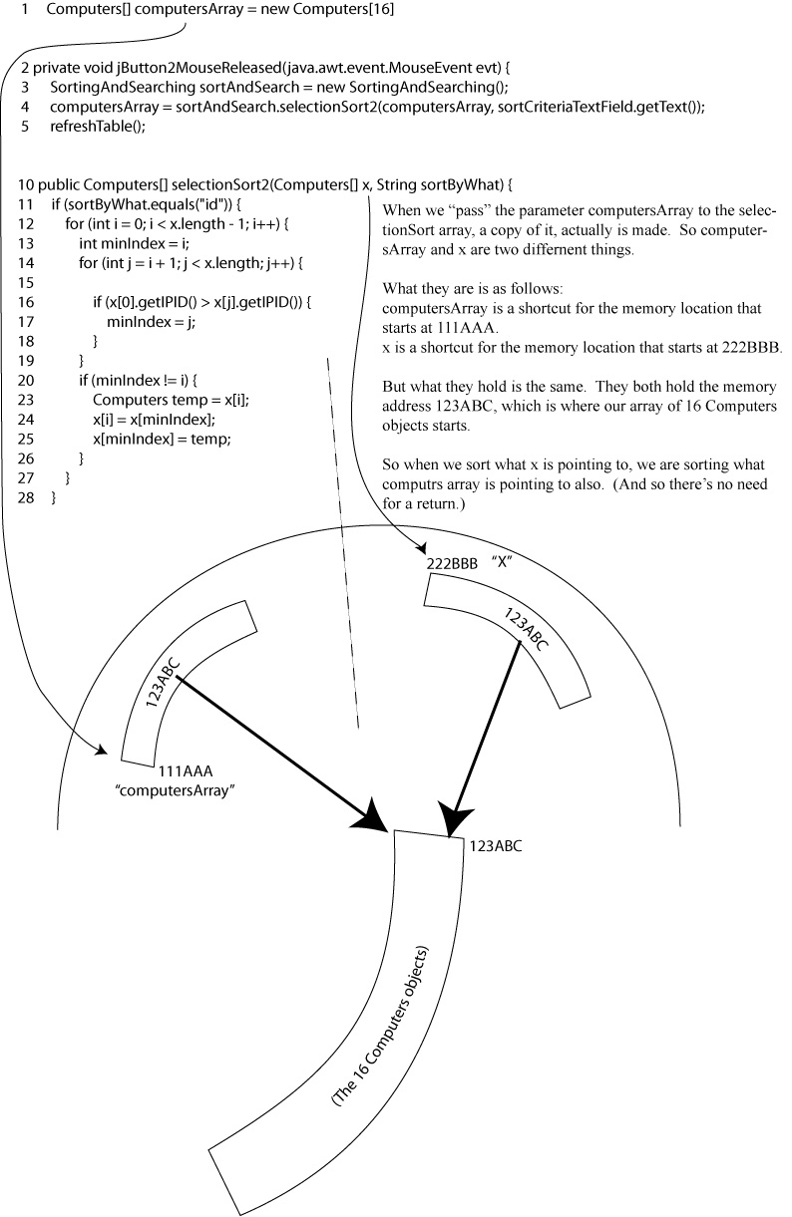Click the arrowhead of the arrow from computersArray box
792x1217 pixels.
pyautogui.click(x=374, y=815)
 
